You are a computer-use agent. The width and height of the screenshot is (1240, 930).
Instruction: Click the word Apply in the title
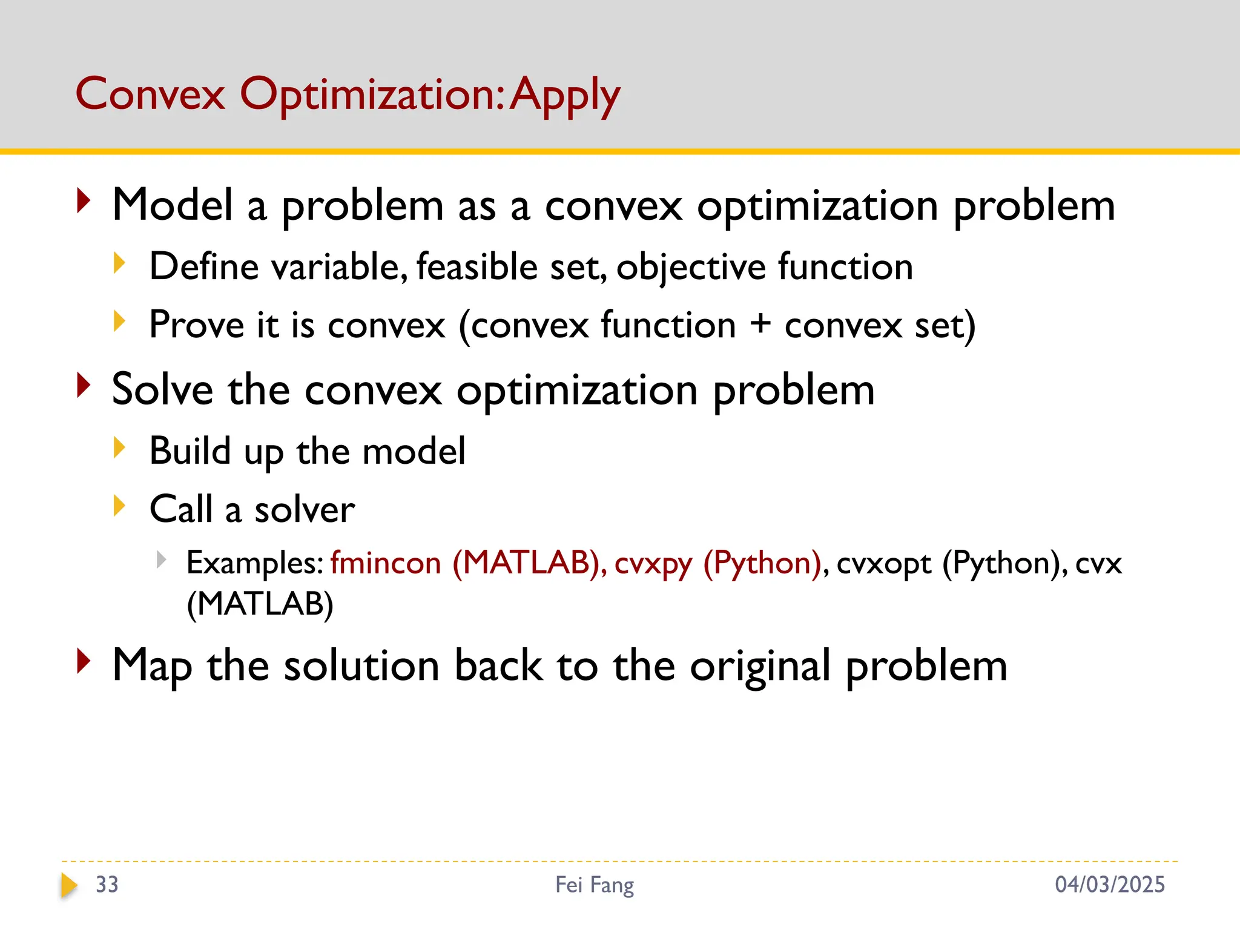tap(564, 96)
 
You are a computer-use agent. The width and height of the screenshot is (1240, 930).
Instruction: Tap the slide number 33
tap(107, 885)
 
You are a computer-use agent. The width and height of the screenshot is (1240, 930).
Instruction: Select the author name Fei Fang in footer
tap(595, 885)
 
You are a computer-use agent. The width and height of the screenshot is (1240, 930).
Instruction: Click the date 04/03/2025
tap(1109, 885)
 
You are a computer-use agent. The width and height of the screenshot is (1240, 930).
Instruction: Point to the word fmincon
tap(386, 563)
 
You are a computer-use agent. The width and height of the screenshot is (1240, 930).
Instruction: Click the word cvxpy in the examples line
tap(653, 564)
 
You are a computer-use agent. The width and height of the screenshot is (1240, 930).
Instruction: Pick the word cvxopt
tap(883, 564)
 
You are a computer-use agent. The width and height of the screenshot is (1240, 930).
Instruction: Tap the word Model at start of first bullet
tap(173, 205)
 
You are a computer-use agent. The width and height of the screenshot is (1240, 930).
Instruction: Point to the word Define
tap(204, 266)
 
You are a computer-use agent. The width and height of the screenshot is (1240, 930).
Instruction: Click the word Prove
tap(197, 325)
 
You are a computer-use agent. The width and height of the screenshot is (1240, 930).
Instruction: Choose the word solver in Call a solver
tap(305, 509)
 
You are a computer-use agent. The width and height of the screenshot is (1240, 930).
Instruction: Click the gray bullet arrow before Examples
tap(161, 559)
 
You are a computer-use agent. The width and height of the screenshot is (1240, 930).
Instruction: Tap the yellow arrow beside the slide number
tap(69, 885)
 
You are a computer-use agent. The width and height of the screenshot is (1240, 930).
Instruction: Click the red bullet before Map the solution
tap(84, 661)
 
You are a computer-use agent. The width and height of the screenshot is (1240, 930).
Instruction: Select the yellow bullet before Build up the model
tap(119, 448)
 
